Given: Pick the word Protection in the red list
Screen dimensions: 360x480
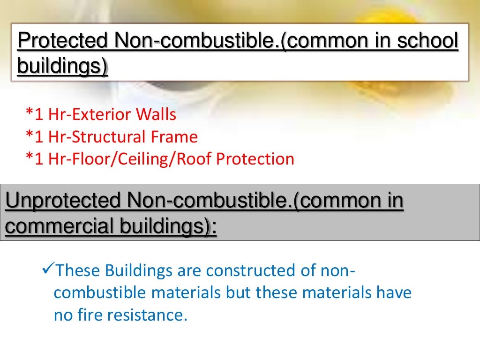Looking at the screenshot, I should point(255,159).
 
